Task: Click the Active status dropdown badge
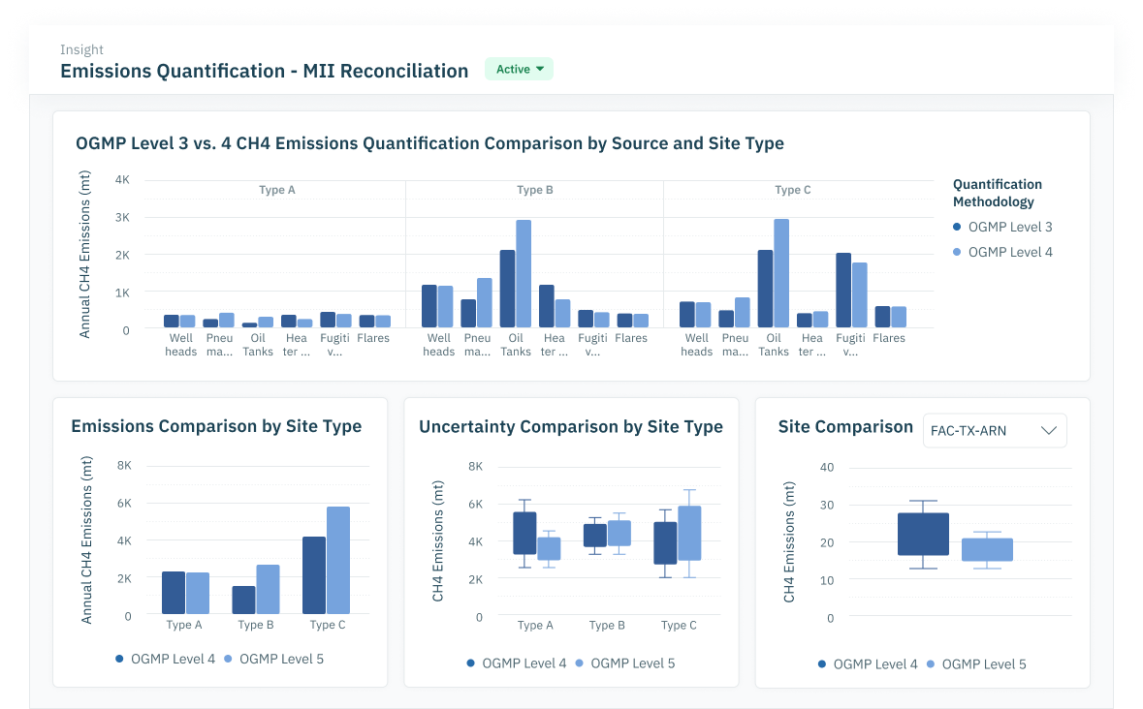click(x=519, y=69)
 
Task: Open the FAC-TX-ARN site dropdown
click(x=994, y=431)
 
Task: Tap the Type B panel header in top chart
click(x=534, y=190)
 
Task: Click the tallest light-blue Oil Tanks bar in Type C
click(x=781, y=273)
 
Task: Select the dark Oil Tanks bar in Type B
click(x=507, y=289)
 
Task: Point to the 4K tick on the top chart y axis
click(x=122, y=180)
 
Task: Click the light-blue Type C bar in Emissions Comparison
click(x=338, y=560)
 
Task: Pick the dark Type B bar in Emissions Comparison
click(x=243, y=600)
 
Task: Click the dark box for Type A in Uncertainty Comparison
click(x=524, y=533)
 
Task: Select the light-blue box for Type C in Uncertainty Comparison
click(x=689, y=533)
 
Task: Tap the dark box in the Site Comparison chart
click(x=923, y=534)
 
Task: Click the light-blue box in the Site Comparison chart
click(x=987, y=549)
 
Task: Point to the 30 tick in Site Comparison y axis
click(x=827, y=505)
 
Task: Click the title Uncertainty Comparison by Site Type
click(x=571, y=426)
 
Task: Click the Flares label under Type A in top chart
click(x=373, y=338)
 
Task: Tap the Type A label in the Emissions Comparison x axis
click(x=184, y=625)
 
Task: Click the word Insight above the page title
click(x=81, y=49)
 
